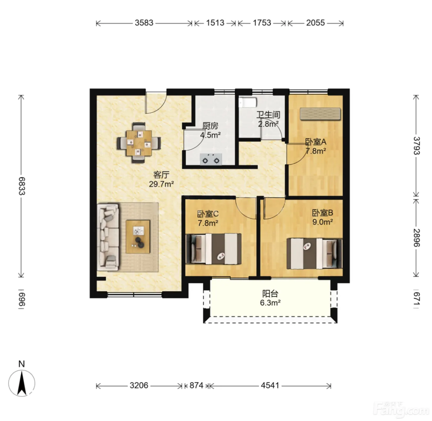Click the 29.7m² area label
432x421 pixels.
161,184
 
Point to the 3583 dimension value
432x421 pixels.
144,23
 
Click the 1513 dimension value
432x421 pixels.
215,23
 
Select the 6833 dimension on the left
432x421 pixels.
22,186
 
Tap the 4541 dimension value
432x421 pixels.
270,386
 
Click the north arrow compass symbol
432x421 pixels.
22,383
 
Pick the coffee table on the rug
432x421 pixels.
138,237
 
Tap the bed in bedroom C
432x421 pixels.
214,249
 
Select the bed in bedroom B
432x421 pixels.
314,254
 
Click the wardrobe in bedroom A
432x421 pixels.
320,114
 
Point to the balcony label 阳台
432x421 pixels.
270,294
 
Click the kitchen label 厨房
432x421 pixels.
210,126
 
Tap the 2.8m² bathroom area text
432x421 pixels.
268,124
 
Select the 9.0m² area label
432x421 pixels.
322,222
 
